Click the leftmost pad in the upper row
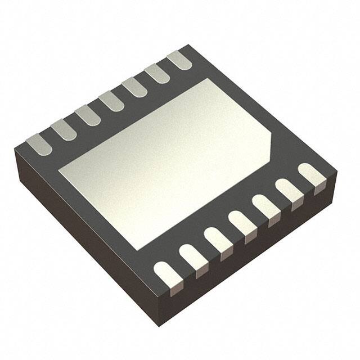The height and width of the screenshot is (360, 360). (39, 143)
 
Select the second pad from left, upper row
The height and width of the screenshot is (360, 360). (63, 129)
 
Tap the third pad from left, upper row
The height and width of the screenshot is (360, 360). (87, 115)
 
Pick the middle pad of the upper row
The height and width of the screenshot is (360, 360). (110, 101)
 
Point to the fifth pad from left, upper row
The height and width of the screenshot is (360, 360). (134, 87)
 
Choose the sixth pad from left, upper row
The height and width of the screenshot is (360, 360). (157, 73)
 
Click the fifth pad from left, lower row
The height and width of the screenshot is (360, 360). (265, 206)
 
